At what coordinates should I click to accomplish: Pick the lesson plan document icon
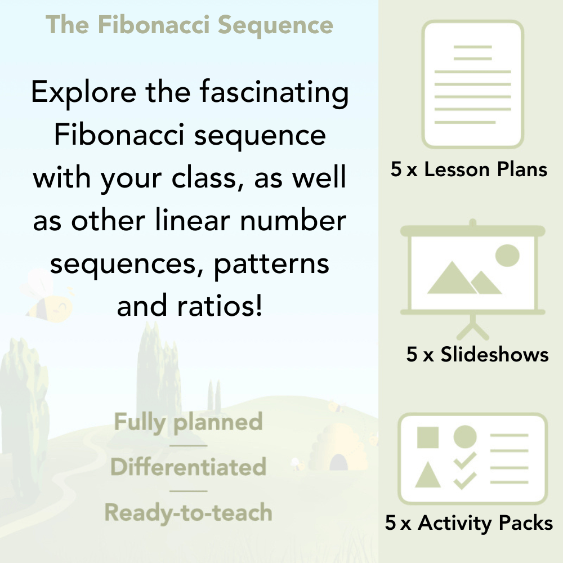[x=473, y=84]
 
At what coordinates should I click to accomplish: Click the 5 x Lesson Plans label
[x=469, y=169]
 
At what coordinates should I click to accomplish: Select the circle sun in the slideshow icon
[x=507, y=254]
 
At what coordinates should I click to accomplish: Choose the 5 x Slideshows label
[x=477, y=354]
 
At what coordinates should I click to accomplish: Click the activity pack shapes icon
[x=473, y=459]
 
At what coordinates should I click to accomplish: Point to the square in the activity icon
[x=428, y=437]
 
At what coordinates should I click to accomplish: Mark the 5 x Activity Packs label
[x=469, y=523]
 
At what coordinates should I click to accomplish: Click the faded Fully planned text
[x=189, y=422]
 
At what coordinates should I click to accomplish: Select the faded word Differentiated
[x=189, y=467]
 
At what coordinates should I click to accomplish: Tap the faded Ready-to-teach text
[x=189, y=512]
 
